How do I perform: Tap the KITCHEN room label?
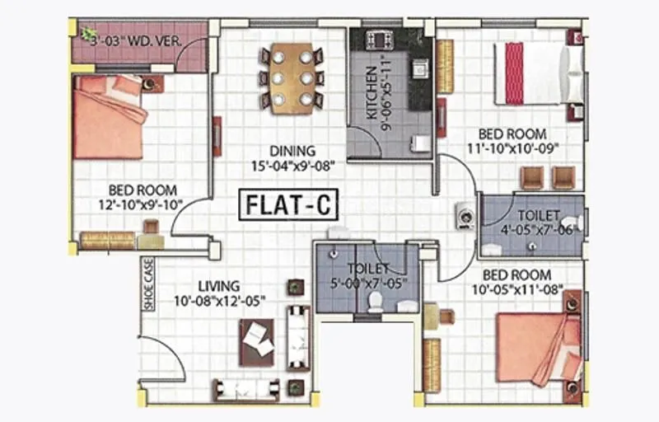coord(372,93)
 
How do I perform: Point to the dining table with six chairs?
coord(291,77)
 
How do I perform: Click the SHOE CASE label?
coord(148,284)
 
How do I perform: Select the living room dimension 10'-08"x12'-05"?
coord(218,301)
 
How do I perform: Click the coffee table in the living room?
coord(257,339)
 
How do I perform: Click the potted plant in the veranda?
coord(88,33)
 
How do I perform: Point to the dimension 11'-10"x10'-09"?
coord(514,148)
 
